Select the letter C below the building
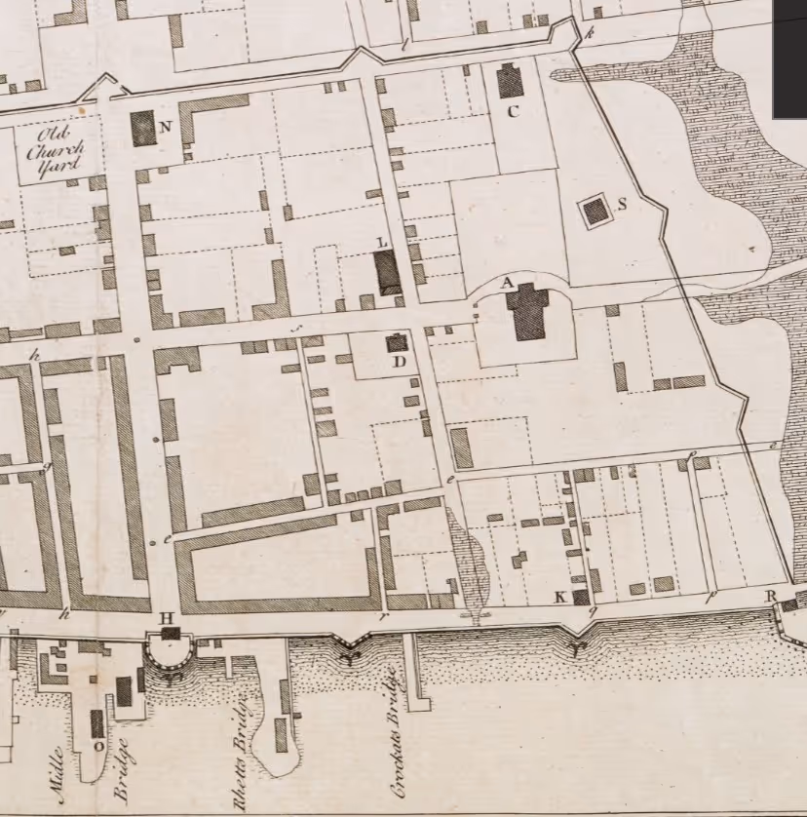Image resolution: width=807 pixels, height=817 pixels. [513, 111]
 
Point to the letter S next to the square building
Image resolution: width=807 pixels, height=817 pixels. [622, 204]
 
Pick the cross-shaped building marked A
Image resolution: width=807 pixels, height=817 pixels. [529, 311]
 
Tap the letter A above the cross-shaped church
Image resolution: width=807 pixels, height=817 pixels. [506, 282]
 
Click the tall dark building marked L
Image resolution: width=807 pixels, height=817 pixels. [387, 272]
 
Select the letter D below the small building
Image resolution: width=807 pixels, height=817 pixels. [398, 362]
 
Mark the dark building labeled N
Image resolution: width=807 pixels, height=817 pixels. [143, 128]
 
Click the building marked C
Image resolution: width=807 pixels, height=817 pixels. [510, 81]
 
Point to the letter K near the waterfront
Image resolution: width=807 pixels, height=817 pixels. [560, 597]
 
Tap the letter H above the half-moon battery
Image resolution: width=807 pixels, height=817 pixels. [166, 617]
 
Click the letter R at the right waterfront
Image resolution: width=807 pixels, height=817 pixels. [770, 596]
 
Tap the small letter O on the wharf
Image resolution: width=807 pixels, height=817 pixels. [98, 746]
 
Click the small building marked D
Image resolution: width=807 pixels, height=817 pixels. [396, 342]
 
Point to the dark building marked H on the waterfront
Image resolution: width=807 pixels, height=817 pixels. [172, 634]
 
